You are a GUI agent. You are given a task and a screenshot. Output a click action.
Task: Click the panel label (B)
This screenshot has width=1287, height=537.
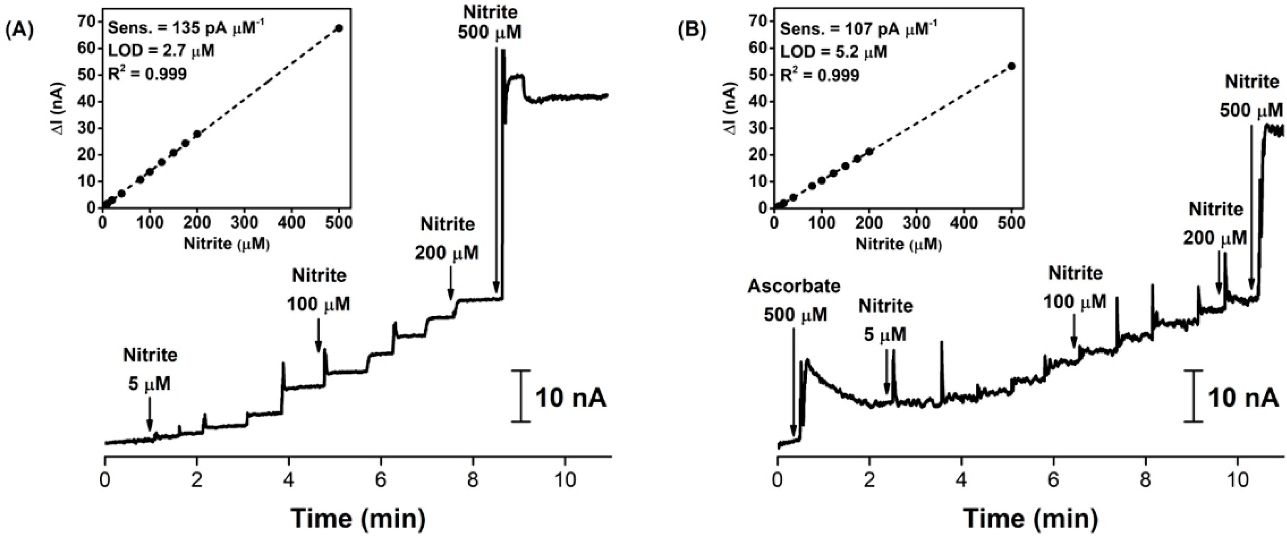(692, 30)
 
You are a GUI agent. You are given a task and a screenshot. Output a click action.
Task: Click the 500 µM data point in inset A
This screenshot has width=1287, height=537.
(339, 28)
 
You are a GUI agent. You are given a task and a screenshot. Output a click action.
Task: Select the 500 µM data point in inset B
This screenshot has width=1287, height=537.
(1012, 66)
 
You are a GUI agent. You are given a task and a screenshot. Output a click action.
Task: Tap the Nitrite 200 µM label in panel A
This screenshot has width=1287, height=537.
(447, 239)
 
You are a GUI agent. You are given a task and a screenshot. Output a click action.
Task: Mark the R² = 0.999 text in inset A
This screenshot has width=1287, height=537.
(147, 74)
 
